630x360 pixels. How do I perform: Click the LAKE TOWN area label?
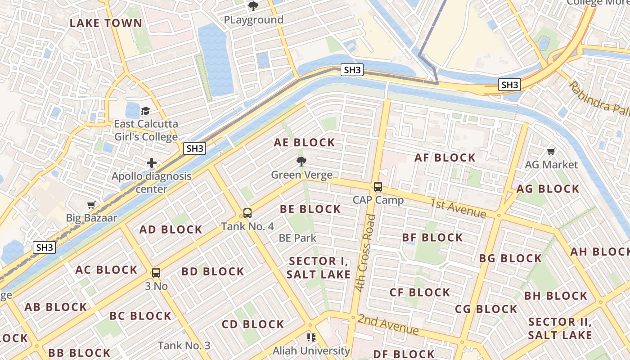(106, 23)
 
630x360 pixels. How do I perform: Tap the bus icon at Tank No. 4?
(247, 213)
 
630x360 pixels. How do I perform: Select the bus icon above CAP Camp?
(378, 187)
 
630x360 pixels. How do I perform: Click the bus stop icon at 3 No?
(156, 273)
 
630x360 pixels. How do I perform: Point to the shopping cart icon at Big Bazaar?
(91, 205)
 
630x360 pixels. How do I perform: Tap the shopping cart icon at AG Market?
(551, 151)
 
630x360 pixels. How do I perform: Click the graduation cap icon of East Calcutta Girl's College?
(145, 111)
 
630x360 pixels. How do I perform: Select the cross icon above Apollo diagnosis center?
(152, 163)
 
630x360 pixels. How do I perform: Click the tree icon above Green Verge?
(301, 162)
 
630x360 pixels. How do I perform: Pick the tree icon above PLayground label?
(253, 6)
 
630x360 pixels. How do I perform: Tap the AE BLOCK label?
(305, 143)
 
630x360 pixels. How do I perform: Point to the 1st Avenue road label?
(458, 207)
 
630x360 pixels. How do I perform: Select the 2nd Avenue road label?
(388, 324)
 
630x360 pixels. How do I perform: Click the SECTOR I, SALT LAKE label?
(319, 268)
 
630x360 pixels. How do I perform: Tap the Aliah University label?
(312, 350)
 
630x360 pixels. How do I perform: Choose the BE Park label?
(297, 238)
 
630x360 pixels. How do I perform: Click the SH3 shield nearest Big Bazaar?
(45, 247)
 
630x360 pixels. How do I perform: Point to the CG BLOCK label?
(486, 309)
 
